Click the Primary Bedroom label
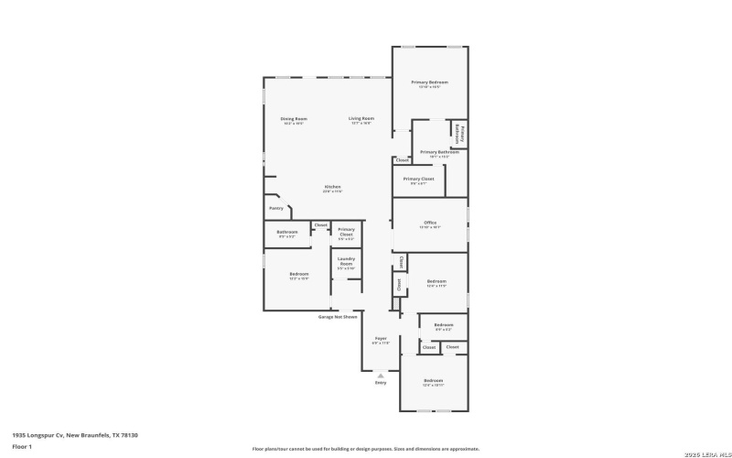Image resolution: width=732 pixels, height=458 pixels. click(429, 82)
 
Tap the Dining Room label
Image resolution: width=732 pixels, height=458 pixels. click(294, 119)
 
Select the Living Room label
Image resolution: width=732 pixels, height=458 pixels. click(361, 119)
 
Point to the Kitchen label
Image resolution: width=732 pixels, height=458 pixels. click(332, 188)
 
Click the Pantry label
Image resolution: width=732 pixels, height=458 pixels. click(276, 208)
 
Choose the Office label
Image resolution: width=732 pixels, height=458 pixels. click(430, 224)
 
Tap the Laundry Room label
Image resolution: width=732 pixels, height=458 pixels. click(346, 264)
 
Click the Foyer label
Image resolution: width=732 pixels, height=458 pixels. click(381, 339)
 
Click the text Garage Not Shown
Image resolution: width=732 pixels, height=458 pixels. click(338, 317)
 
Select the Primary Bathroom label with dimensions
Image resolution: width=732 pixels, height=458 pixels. click(434, 152)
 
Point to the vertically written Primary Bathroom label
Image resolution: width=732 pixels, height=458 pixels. click(460, 133)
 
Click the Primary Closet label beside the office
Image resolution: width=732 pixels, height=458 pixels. click(418, 180)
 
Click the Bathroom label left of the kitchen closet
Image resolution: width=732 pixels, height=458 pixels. click(287, 233)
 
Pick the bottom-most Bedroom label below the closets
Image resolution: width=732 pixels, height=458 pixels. click(433, 380)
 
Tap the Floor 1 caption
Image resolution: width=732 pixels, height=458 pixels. click(22, 447)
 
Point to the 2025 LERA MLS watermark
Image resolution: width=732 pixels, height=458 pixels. click(699, 449)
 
